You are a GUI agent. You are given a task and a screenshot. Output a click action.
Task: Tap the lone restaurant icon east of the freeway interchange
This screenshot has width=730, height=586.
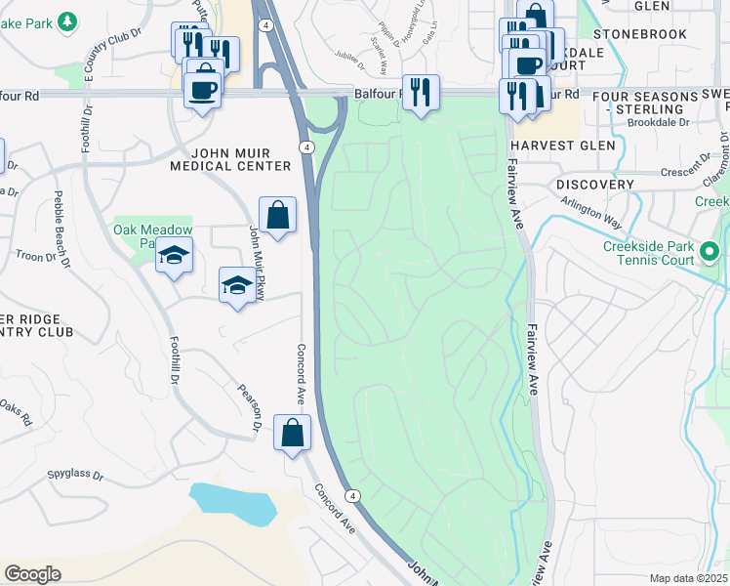[x=421, y=93]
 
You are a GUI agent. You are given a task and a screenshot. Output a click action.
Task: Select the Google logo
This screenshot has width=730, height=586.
[x=32, y=574]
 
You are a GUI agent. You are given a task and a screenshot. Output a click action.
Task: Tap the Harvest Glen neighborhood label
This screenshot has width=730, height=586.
[x=563, y=146]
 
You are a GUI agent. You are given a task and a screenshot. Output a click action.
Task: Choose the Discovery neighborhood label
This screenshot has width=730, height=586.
[x=595, y=185]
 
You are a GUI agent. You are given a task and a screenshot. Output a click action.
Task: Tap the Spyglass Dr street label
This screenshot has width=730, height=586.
[x=74, y=475]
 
